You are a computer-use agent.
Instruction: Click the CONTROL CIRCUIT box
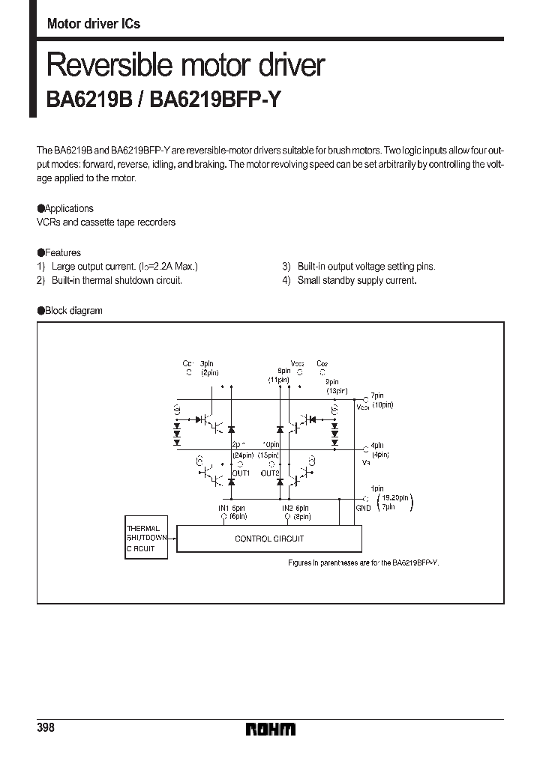(x=268, y=539)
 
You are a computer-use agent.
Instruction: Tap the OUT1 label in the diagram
(x=241, y=473)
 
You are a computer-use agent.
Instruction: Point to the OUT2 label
(x=270, y=473)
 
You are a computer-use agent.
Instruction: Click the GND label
(x=364, y=508)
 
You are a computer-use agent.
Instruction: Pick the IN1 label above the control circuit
(x=223, y=508)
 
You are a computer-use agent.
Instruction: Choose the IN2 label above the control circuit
(x=286, y=508)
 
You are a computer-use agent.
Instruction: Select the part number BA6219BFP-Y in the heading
(x=215, y=100)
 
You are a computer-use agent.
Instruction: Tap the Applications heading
(x=69, y=208)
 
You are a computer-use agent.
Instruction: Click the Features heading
(x=63, y=252)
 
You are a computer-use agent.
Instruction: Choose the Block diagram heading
(x=73, y=310)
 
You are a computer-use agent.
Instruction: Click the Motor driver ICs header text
(x=94, y=23)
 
